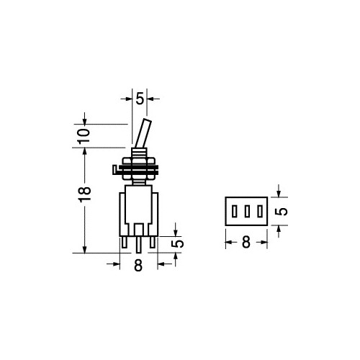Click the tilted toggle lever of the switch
coord(143,133)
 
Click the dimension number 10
coord(84,136)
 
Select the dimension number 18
coord(85,194)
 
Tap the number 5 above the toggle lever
coord(140,99)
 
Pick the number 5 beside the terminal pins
coord(178,243)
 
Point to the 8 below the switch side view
coord(138,266)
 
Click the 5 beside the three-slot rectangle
coord(282,211)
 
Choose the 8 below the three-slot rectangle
coord(246,242)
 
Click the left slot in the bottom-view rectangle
coord(235,212)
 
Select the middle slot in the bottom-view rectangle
coord(247,212)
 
